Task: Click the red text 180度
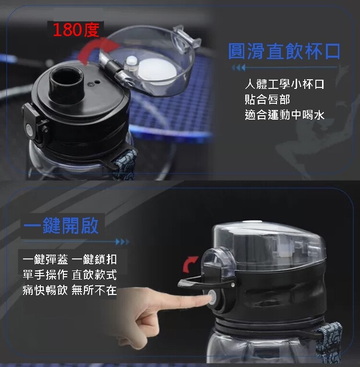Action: [x=76, y=30]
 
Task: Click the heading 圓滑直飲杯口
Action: [x=284, y=51]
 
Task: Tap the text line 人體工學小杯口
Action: [x=285, y=84]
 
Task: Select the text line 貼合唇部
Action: [x=267, y=99]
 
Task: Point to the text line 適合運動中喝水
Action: [x=285, y=115]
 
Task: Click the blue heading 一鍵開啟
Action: [x=61, y=226]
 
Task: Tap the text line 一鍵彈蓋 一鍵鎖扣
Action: [x=70, y=259]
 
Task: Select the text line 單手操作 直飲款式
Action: [x=70, y=275]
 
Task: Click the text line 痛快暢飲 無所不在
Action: [x=70, y=290]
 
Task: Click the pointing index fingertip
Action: [x=208, y=299]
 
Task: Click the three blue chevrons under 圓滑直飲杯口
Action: [x=239, y=68]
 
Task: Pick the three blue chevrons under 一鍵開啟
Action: [x=122, y=242]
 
